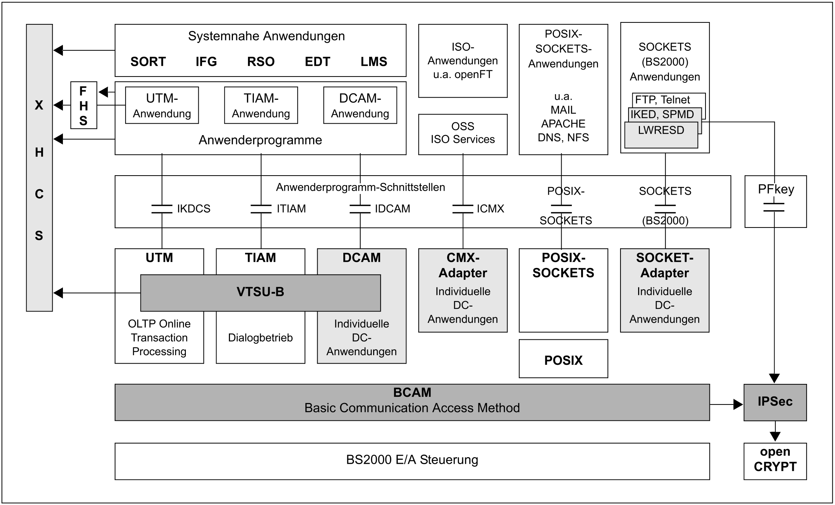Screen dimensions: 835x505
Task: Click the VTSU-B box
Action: point(261,293)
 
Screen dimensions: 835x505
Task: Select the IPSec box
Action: point(775,402)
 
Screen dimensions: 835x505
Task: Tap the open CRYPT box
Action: point(775,461)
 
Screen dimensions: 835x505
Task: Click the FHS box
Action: point(84,105)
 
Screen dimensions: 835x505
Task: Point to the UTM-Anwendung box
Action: point(162,105)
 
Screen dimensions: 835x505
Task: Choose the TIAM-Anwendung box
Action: point(261,105)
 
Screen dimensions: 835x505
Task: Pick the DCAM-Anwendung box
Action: point(360,105)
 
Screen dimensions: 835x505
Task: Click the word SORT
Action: point(148,61)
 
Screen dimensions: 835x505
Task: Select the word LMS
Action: point(374,61)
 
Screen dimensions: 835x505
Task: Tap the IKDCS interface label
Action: point(194,209)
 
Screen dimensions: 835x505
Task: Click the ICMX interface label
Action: point(490,209)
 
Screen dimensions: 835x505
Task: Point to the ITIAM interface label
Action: point(291,209)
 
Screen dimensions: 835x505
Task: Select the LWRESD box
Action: point(661,135)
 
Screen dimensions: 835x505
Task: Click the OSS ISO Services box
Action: point(463,134)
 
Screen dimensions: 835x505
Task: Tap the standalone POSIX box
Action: point(563,359)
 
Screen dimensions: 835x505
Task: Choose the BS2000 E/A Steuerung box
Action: point(412,461)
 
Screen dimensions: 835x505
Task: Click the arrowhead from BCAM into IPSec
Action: point(738,405)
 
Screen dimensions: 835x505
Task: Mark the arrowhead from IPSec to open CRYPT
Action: point(775,436)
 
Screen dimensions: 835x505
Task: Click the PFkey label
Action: point(776,189)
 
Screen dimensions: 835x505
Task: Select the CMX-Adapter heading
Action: point(463,265)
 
